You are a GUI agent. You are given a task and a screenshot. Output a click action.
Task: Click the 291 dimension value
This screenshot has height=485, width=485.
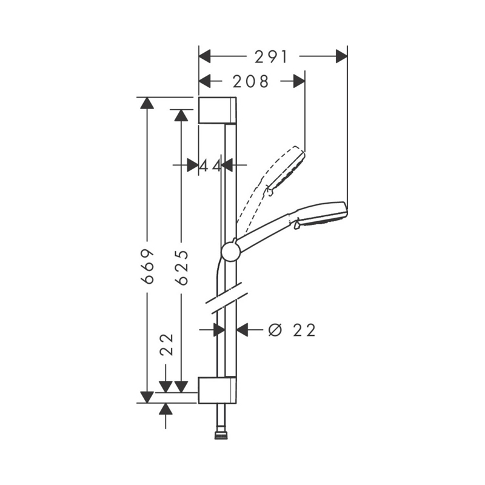(271, 57)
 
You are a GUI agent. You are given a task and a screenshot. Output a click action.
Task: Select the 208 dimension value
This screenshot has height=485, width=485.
(250, 81)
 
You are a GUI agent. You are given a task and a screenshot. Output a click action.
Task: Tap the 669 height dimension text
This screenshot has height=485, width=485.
(147, 266)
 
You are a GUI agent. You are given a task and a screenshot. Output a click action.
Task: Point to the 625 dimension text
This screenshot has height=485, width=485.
(181, 267)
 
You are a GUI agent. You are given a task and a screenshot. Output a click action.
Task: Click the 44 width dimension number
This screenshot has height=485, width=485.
(210, 166)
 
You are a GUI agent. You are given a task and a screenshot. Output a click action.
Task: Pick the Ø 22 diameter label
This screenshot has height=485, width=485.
(292, 330)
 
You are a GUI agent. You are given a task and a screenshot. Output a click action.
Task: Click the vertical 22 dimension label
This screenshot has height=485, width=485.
(167, 344)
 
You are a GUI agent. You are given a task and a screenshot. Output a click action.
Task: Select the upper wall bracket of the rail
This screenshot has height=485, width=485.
(218, 110)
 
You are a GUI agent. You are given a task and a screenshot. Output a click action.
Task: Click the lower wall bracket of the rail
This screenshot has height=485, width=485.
(218, 390)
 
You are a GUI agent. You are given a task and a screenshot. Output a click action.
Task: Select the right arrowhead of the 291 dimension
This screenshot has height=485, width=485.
(341, 56)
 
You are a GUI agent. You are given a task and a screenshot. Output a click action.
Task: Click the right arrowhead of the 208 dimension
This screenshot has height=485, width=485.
(299, 81)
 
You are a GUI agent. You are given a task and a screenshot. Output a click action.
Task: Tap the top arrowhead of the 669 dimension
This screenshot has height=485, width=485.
(147, 103)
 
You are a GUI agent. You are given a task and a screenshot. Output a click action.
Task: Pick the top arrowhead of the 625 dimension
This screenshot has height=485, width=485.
(181, 115)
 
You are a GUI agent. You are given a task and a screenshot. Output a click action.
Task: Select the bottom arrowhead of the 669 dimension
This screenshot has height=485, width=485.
(147, 397)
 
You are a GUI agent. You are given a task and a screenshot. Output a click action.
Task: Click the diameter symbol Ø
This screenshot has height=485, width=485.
(275, 330)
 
